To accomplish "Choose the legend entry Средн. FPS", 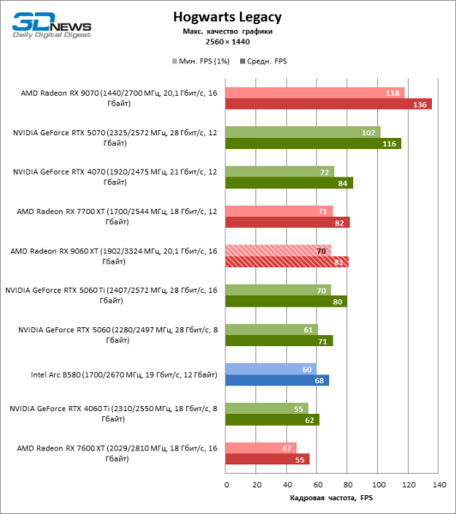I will [x=266, y=62].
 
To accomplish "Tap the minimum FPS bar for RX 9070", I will [x=315, y=93].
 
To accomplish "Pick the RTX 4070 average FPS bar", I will [x=290, y=182].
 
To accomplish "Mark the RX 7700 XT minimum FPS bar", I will [x=279, y=211].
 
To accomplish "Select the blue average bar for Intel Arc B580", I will [x=278, y=380].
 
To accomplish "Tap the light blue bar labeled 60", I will [x=272, y=369].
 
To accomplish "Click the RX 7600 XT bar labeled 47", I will [x=261, y=447].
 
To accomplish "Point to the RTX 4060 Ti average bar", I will [x=273, y=420].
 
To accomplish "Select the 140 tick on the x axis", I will [x=438, y=485].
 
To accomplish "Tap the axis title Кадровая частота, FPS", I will [x=331, y=498].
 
